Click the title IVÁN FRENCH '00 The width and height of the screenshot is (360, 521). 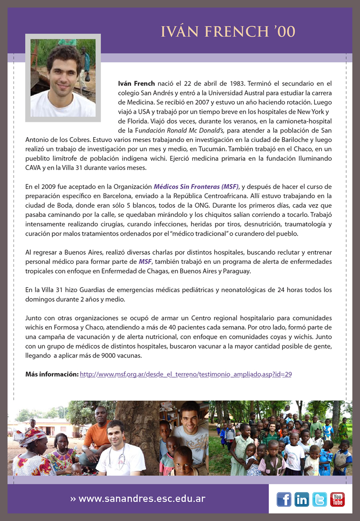[x=228, y=32]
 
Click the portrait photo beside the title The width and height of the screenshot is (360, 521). [x=63, y=77]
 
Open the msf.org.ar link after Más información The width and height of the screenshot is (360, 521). [x=186, y=374]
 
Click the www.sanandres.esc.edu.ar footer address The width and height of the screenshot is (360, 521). [x=142, y=499]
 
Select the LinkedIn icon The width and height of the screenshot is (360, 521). [x=302, y=499]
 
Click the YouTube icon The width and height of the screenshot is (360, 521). [x=337, y=499]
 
